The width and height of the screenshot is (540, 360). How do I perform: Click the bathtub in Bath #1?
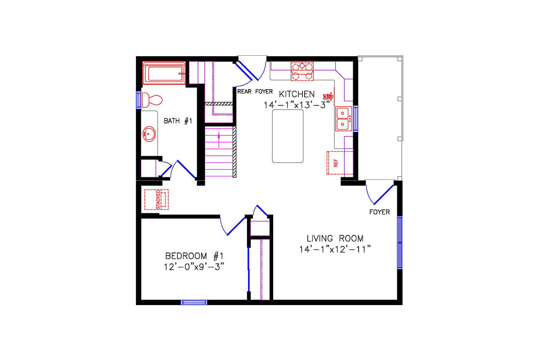pos(164,73)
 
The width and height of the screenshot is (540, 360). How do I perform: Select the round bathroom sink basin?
pos(149,134)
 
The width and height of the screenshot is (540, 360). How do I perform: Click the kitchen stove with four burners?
pos(302,71)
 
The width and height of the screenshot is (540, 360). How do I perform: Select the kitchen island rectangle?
pos(288,135)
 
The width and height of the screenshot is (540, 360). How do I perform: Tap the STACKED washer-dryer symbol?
pos(157,199)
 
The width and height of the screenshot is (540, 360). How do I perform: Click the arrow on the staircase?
pos(219,140)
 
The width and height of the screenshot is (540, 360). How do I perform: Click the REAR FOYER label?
pos(255,91)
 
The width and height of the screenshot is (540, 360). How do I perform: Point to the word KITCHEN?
pos(297,94)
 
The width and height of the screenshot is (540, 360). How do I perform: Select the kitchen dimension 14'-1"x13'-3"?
pos(297,104)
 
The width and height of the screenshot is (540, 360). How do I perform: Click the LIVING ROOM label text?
pos(335,238)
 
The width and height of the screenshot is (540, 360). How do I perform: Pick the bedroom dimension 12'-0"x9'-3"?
pos(194,266)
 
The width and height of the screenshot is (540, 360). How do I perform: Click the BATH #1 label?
pos(178,121)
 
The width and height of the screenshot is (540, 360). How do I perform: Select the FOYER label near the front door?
pos(379,212)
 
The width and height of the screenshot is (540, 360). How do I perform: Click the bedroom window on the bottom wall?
pos(194,302)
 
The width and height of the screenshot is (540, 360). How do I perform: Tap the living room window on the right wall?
pos(399,243)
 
